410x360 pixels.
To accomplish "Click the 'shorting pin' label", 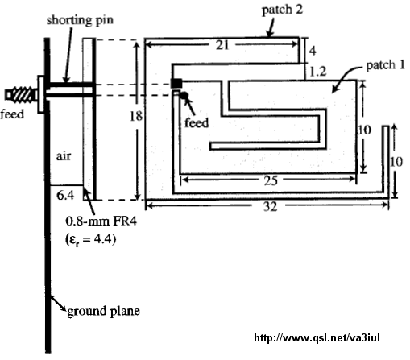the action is click(x=80, y=20).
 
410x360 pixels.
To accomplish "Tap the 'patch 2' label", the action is click(x=282, y=10).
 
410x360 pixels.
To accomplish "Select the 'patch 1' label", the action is click(x=386, y=65).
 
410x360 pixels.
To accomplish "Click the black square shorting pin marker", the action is click(x=176, y=83).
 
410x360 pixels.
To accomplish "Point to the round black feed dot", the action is click(x=184, y=95).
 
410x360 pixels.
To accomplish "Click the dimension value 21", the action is click(x=222, y=45).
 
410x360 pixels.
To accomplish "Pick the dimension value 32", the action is click(x=270, y=206).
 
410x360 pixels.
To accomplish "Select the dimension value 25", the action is click(x=271, y=181).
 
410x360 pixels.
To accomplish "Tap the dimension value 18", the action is click(x=136, y=116).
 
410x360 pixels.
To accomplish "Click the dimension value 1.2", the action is click(x=318, y=72).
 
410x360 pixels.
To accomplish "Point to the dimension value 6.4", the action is click(x=65, y=195).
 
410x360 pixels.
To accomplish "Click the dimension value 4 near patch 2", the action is click(x=313, y=51).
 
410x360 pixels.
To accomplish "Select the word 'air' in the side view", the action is click(x=64, y=156).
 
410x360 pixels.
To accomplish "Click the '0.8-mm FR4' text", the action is click(x=101, y=221).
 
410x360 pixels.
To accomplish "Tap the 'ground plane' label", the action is click(x=103, y=312).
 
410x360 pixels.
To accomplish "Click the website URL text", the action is click(x=317, y=337).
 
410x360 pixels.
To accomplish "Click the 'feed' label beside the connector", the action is click(x=12, y=114).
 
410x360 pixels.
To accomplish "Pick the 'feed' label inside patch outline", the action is click(x=197, y=122).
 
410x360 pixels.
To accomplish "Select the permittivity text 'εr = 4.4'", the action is click(x=90, y=239).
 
